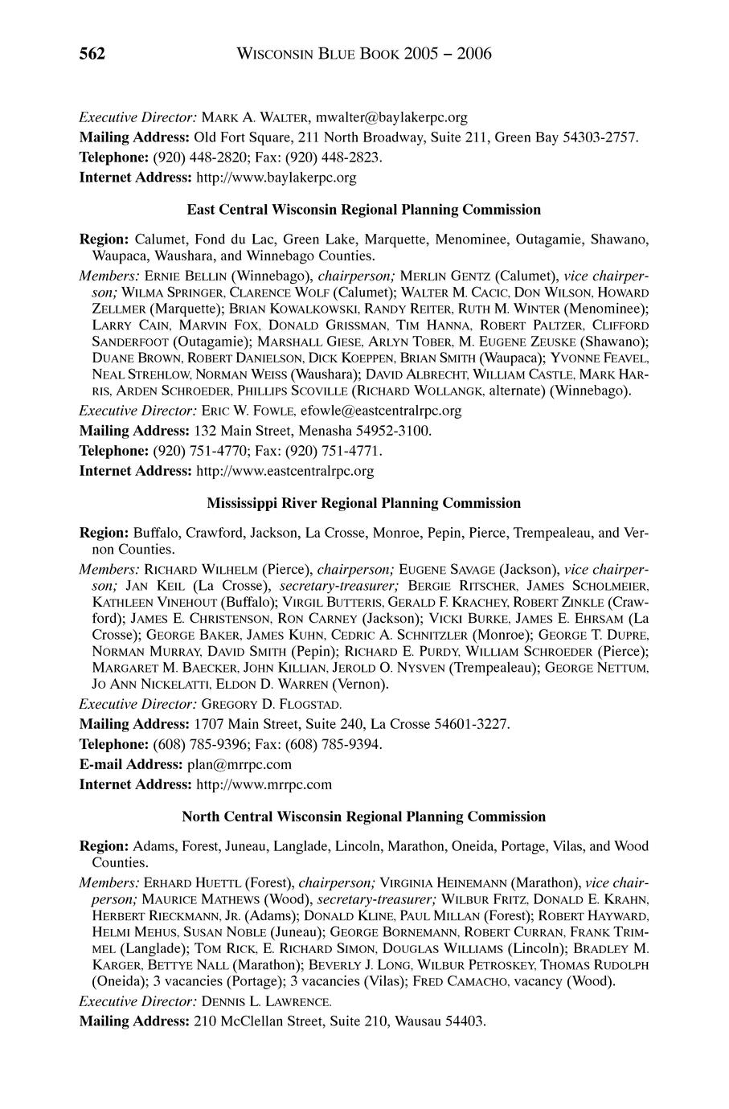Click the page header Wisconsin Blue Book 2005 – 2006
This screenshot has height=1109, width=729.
[365, 54]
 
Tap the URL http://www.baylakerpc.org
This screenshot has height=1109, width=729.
[276, 176]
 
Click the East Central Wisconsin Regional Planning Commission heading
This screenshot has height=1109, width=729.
[363, 210]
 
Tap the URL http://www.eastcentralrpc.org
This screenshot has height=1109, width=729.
[285, 470]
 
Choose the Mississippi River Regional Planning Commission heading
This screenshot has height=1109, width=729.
[363, 503]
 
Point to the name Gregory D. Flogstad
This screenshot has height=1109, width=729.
[261, 705]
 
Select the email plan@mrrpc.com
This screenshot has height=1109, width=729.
[240, 763]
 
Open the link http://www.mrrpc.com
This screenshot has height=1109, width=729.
[264, 784]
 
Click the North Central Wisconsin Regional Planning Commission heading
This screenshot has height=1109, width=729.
[363, 816]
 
